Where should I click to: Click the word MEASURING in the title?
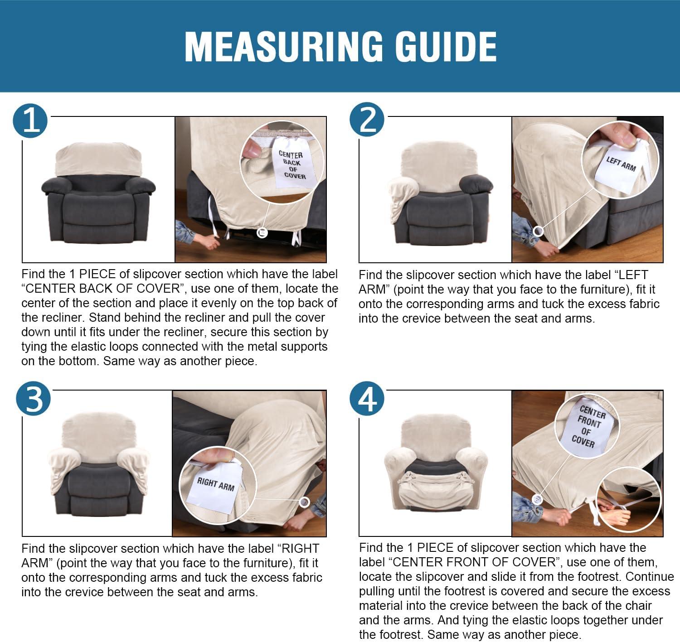tap(284, 47)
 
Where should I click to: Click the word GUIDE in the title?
tap(446, 47)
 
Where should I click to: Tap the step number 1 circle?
tap(30, 121)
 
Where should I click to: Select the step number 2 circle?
tap(367, 120)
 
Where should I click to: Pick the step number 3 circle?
tap(33, 399)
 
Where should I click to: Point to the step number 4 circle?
tap(367, 399)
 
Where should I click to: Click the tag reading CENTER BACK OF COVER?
tap(293, 163)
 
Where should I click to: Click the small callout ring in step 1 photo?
tap(262, 233)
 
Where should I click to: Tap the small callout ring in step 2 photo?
tap(538, 232)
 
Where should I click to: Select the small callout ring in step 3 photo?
tap(304, 502)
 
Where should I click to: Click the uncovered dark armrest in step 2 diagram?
tap(476, 184)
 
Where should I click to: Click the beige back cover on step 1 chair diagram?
tap(98, 159)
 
